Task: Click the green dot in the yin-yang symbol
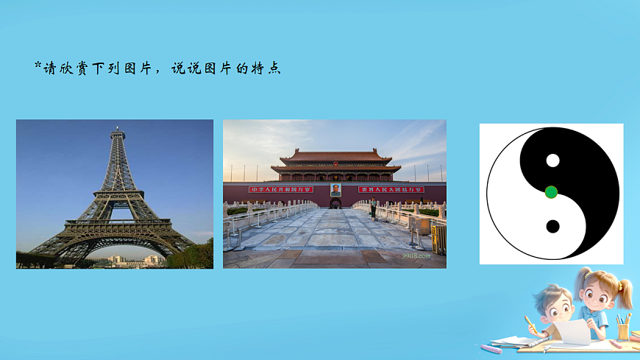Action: click(552, 192)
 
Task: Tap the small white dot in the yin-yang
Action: click(553, 160)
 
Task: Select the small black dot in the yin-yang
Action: click(553, 226)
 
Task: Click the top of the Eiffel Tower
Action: click(117, 130)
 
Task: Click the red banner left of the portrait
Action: click(282, 190)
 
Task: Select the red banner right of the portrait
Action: click(391, 190)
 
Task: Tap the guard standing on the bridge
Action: click(373, 209)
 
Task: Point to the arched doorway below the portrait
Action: click(335, 203)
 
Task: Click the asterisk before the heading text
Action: click(38, 67)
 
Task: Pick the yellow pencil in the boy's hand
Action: click(530, 322)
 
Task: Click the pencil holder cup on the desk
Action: click(623, 330)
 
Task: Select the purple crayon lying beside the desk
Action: click(491, 348)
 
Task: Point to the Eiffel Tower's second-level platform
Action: click(116, 194)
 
